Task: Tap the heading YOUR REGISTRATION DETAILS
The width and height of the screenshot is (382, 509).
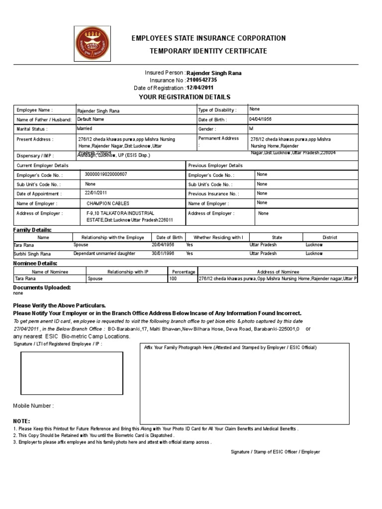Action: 185,97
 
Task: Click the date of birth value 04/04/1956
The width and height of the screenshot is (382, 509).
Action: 261,120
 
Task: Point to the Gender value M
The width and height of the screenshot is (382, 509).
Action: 251,129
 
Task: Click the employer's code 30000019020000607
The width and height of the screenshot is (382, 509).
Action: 106,175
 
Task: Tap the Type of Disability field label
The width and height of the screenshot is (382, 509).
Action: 217,110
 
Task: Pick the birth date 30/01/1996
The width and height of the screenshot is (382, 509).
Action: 163,254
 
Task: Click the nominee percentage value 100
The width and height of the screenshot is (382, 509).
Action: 173,279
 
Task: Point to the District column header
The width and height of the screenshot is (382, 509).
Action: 330,238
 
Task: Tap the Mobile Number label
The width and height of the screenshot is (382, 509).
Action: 33,406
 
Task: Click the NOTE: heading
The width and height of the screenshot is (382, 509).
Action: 21,421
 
